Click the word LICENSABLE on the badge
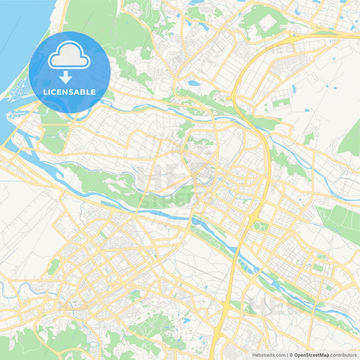tap(70, 92)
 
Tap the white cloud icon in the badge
tap(70, 57)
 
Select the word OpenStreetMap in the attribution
tap(311, 354)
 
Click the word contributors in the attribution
tap(344, 354)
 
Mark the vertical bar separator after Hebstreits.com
tap(285, 354)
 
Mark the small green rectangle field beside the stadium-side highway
tap(280, 105)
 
